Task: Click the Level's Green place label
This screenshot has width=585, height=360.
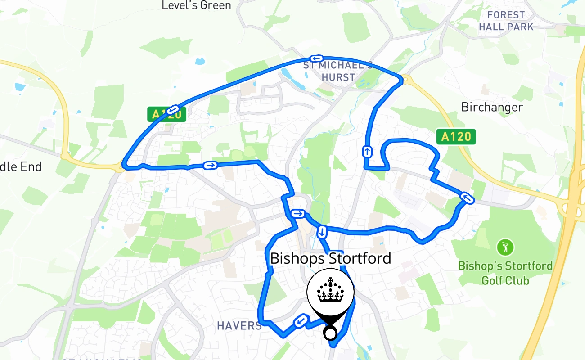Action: coord(196,5)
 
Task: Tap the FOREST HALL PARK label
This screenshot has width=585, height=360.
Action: coord(506,21)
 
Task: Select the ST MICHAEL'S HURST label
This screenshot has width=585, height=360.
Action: coord(338,71)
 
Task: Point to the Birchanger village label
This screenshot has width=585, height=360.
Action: coord(492,107)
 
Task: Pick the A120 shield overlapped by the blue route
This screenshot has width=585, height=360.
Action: coord(166,114)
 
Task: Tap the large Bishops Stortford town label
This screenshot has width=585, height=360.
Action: coord(330,258)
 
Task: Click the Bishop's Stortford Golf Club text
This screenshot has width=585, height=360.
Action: coord(505,273)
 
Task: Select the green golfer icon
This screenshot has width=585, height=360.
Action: coord(505,247)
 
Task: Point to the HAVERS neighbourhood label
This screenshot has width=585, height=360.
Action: coord(239,325)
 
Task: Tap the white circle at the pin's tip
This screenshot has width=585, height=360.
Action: coord(330,333)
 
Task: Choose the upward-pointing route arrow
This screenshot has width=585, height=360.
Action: coord(368,152)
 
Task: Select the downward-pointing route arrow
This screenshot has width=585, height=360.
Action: coord(322,232)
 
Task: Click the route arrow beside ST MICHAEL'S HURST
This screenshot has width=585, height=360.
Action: coord(317,58)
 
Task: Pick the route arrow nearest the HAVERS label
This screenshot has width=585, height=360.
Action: coord(301,321)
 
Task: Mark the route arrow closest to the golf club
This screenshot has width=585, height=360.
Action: coord(467,198)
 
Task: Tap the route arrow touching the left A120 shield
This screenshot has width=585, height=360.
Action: coord(175,109)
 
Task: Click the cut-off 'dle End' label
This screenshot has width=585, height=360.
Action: coord(21,166)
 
